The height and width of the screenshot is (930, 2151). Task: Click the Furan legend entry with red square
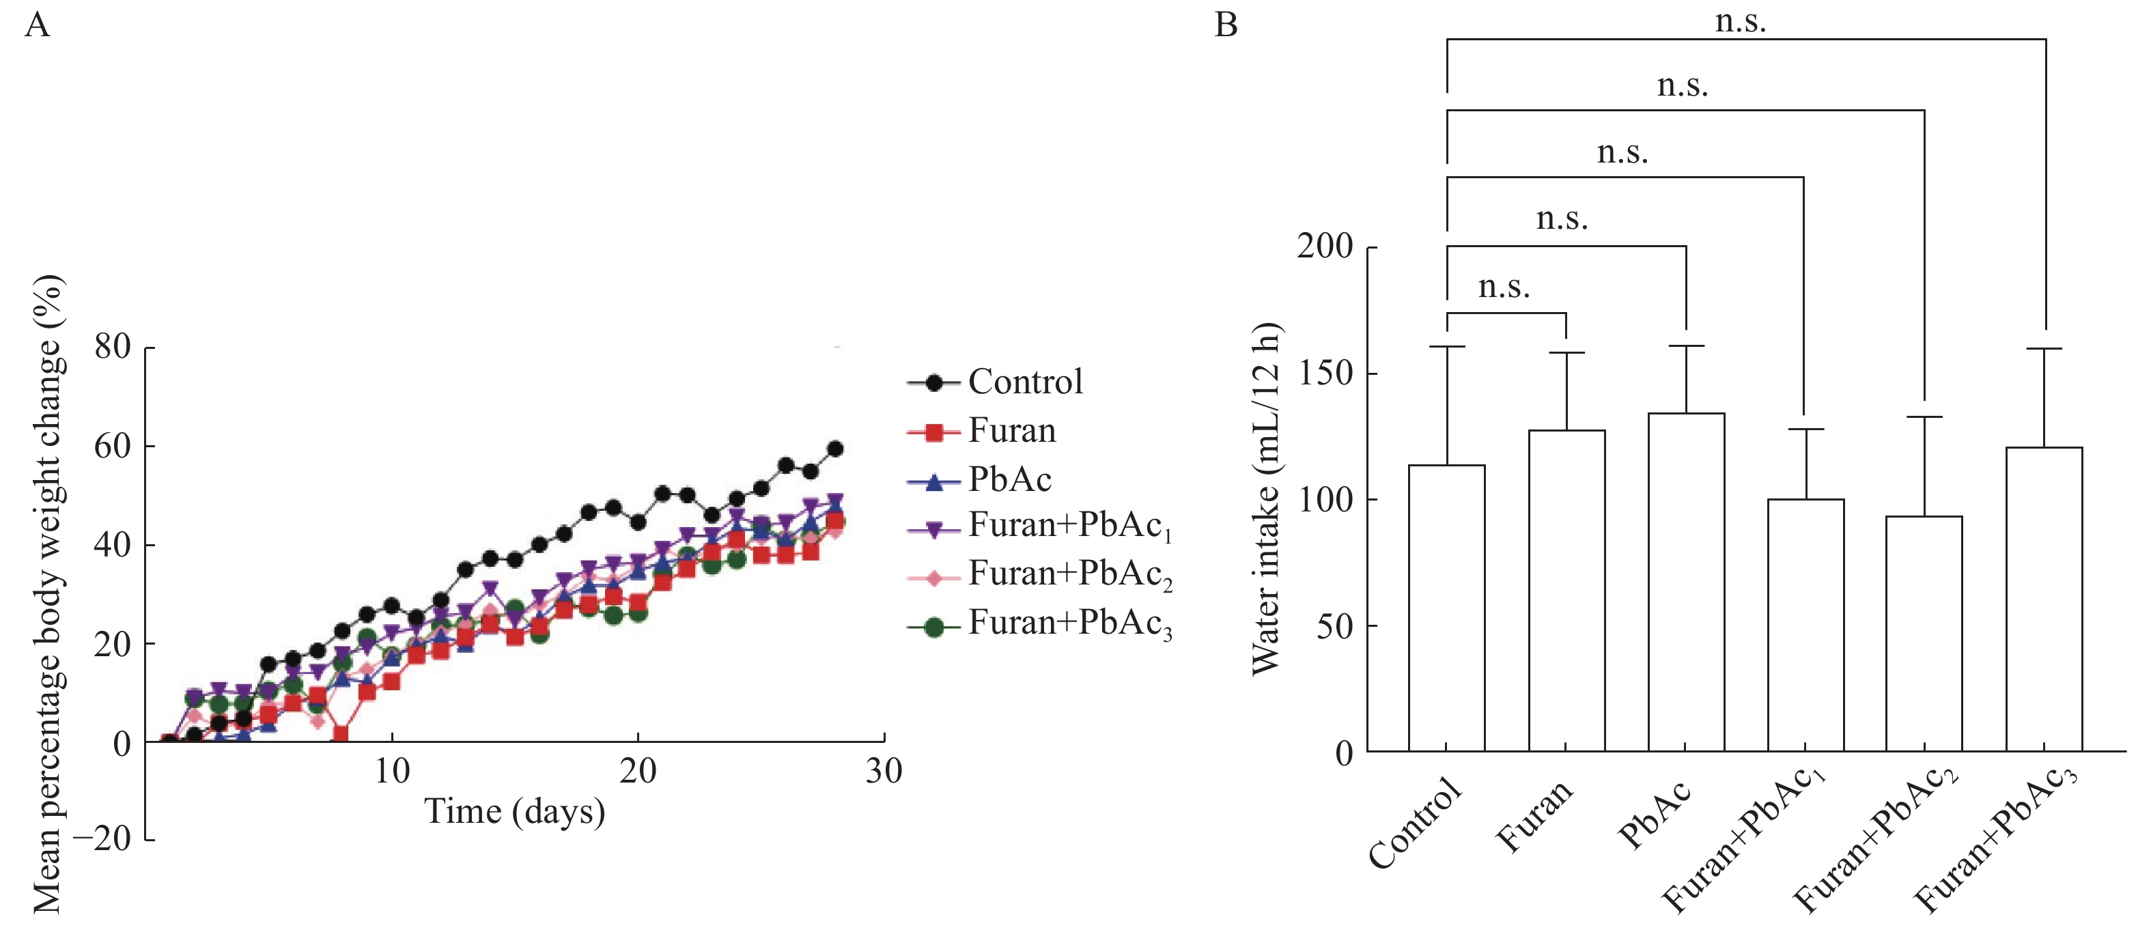coord(983,432)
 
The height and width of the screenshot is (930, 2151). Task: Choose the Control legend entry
coord(996,382)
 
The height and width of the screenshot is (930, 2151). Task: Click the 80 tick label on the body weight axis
coord(113,346)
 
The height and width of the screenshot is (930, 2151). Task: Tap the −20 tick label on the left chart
coord(102,839)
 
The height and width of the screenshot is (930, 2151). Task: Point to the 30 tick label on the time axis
coord(884,772)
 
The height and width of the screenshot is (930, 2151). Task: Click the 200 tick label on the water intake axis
coord(1325,247)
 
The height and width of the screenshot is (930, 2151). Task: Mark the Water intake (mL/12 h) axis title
coord(1266,499)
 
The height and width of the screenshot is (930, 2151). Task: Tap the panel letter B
coord(1226,25)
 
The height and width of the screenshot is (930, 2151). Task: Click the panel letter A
coord(38,25)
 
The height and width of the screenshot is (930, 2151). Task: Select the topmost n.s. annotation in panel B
coord(1741,21)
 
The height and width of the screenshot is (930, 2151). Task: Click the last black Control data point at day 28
coord(834,449)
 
